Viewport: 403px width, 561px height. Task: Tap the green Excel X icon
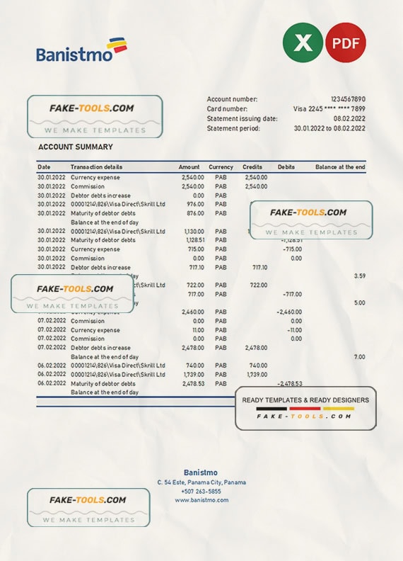pos(303,42)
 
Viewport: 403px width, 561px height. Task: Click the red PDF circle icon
pos(346,42)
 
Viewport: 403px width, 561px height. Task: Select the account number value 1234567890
pos(348,99)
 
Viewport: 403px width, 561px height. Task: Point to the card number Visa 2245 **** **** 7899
pos(329,109)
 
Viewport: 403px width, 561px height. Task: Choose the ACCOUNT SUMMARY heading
pos(75,147)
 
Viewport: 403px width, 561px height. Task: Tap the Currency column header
pos(221,167)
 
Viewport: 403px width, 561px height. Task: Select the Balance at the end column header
pos(340,167)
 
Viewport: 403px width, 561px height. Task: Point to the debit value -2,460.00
pos(288,312)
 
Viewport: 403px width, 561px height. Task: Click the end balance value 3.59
pos(359,276)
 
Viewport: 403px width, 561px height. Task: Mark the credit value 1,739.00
pos(257,374)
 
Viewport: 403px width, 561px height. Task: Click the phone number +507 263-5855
pos(201,492)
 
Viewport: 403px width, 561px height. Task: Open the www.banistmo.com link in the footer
pos(201,500)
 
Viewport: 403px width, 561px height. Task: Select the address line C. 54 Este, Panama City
pos(201,482)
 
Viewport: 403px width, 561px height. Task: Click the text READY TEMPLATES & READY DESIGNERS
pos(305,400)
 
